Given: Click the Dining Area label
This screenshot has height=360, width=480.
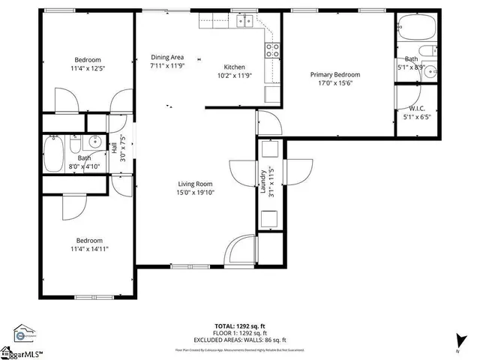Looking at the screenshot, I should pos(167,57).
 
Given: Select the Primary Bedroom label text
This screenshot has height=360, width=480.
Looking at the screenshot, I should pos(336,74).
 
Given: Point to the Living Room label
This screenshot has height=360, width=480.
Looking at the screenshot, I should pos(195,184).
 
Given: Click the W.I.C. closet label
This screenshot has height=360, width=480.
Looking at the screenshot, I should pos(418,108).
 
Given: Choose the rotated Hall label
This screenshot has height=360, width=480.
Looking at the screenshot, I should pos(115,148).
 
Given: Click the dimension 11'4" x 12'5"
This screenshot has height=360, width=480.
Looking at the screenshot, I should pos(87,69).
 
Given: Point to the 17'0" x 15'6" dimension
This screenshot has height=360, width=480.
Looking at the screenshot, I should pos(336,83).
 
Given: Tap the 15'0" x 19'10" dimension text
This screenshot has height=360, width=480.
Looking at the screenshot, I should pos(195,193).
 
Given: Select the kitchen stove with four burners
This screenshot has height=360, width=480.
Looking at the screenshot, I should pos(272,51).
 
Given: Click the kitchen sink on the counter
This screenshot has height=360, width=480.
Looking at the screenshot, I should pos(244,22).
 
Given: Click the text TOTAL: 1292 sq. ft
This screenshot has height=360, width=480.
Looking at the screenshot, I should pos(239,325).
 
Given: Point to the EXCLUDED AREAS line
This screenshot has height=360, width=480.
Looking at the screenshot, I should pos(240,340).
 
